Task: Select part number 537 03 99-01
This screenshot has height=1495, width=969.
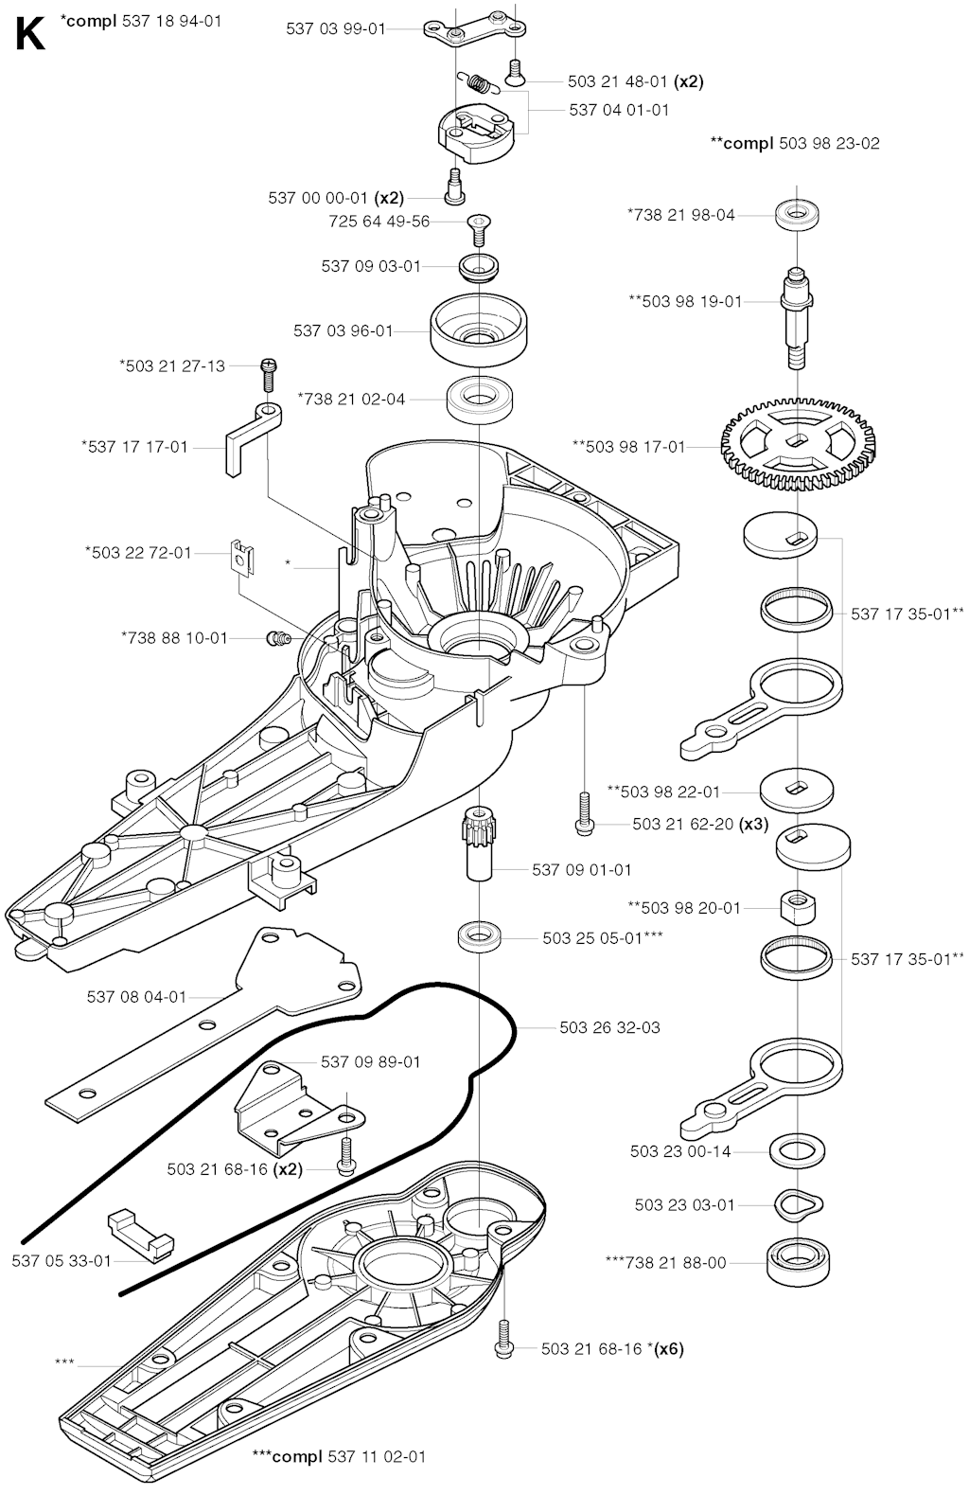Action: [x=335, y=28]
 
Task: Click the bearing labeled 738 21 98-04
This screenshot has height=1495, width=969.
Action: [x=797, y=214]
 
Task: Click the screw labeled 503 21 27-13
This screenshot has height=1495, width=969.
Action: [x=267, y=371]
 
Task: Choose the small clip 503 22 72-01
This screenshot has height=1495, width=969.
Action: [x=242, y=557]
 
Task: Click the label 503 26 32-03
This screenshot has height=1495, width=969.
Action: [x=609, y=1027]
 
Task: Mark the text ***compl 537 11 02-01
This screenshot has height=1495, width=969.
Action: [x=331, y=1455]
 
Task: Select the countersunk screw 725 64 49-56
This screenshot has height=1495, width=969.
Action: [x=481, y=225]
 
